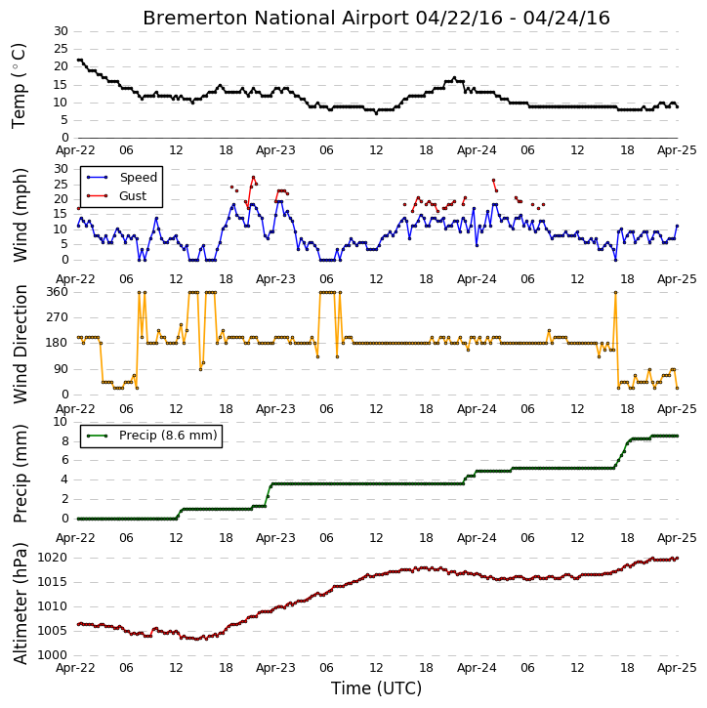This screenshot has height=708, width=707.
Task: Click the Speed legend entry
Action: (122, 178)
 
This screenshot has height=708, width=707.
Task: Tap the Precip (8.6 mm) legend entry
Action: (152, 436)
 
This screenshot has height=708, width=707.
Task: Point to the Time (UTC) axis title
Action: (376, 688)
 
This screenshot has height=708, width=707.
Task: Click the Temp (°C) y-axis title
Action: (19, 86)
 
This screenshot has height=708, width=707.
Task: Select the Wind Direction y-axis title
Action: (21, 344)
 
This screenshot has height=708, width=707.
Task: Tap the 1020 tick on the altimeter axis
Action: (52, 558)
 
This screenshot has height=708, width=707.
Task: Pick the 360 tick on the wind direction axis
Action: (58, 292)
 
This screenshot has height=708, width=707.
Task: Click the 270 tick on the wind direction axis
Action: (58, 317)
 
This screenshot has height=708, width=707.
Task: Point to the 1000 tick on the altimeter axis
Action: (52, 655)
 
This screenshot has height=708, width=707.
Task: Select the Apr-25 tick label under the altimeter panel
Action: (677, 668)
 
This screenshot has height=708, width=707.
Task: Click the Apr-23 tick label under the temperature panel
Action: (275, 150)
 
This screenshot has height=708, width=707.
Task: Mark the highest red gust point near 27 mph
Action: (253, 178)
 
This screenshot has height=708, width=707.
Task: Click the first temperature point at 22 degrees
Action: (78, 60)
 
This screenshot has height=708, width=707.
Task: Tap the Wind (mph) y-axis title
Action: (21, 215)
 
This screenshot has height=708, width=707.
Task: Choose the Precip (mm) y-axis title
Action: (21, 474)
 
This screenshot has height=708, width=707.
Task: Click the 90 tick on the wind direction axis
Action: (61, 369)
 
